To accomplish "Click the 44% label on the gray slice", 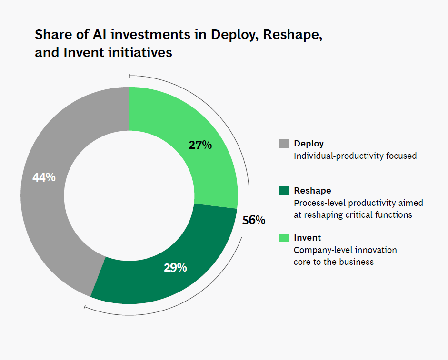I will [x=44, y=177].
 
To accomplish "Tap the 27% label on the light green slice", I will [x=200, y=145].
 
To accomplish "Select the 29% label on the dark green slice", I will [x=175, y=268].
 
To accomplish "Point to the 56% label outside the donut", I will [x=253, y=220].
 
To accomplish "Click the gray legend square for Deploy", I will [x=283, y=144].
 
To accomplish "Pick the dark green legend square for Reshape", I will [x=283, y=191].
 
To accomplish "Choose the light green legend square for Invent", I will [x=283, y=238].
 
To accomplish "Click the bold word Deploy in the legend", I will [x=309, y=144].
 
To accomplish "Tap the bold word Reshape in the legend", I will [x=312, y=191].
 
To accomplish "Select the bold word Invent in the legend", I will [x=307, y=238].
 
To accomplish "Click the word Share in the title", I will [x=51, y=35].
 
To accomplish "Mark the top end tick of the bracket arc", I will [x=129, y=75].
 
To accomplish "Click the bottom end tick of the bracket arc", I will [x=85, y=307].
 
